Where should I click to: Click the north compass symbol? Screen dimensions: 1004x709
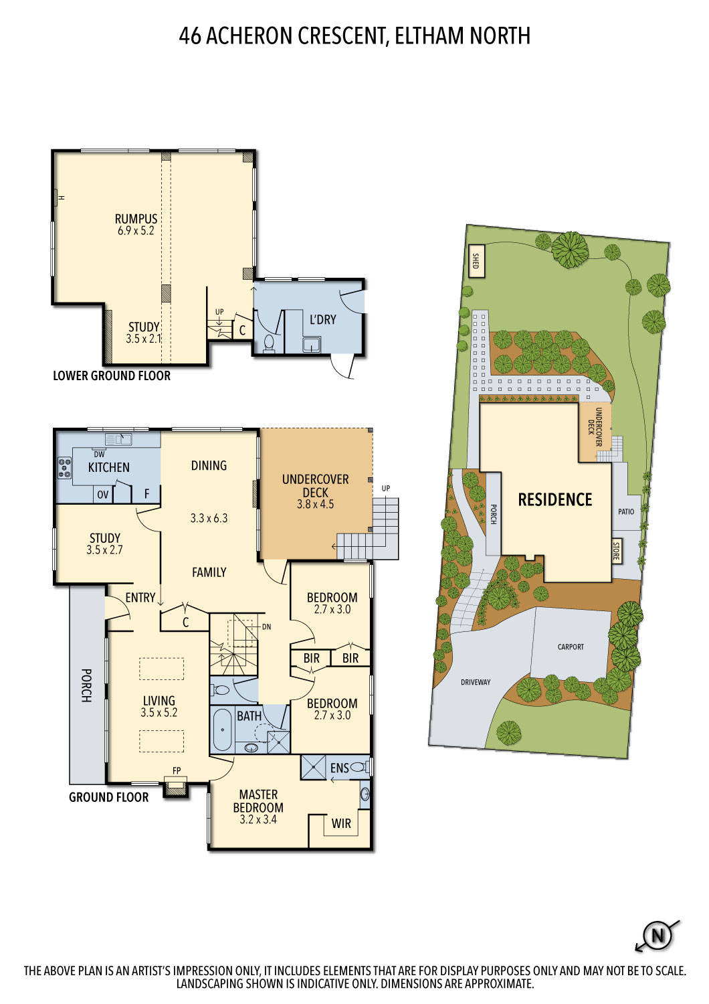click(657, 935)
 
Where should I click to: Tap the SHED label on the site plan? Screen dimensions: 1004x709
click(476, 261)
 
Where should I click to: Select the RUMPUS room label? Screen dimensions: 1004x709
click(136, 219)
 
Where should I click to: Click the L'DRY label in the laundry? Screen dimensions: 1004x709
click(322, 319)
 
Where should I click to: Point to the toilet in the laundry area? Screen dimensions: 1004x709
click(269, 343)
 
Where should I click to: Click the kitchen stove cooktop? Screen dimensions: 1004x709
click(65, 467)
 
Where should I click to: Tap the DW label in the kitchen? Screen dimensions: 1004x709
click(99, 454)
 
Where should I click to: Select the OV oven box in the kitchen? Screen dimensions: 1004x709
click(103, 495)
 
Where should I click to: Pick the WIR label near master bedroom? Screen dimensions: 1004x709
click(341, 823)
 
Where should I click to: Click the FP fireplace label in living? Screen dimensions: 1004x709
click(177, 771)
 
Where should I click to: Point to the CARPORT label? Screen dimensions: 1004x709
click(571, 647)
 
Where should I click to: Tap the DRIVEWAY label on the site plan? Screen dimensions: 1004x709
click(476, 682)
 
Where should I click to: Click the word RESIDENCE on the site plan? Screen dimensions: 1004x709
click(555, 500)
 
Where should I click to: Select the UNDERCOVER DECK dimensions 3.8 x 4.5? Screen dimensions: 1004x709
click(315, 505)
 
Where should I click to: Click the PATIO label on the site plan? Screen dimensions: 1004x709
click(626, 511)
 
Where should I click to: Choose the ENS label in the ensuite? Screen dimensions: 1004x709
click(339, 768)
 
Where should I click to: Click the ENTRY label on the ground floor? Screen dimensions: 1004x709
click(140, 598)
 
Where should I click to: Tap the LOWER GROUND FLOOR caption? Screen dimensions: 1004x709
click(112, 376)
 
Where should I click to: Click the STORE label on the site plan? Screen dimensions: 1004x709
click(616, 550)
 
